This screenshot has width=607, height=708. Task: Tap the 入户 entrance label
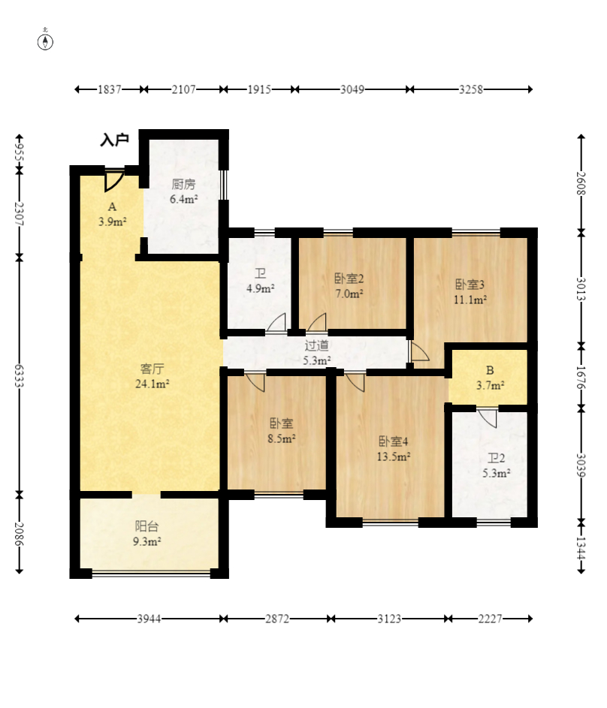pyautogui.click(x=115, y=140)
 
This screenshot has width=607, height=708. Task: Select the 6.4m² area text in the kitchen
pyautogui.click(x=184, y=199)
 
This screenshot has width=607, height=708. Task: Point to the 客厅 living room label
pyautogui.click(x=153, y=369)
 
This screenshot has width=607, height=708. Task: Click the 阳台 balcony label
pyautogui.click(x=146, y=526)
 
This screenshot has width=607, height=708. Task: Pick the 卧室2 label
pyautogui.click(x=349, y=279)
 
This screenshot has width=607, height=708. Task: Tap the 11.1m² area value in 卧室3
pyautogui.click(x=470, y=300)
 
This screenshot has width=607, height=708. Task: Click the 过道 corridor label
pyautogui.click(x=316, y=345)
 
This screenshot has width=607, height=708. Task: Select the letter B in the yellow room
pyautogui.click(x=490, y=371)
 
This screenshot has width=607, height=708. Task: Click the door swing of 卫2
pyautogui.click(x=488, y=418)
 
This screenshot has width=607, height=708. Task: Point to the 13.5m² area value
pyautogui.click(x=394, y=456)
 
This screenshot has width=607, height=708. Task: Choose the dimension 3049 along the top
pyautogui.click(x=352, y=89)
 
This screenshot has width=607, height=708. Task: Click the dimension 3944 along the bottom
pyautogui.click(x=149, y=619)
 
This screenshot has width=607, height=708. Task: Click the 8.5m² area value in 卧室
pyautogui.click(x=282, y=438)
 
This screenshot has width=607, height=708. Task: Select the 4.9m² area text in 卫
pyautogui.click(x=261, y=288)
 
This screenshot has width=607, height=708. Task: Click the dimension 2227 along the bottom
pyautogui.click(x=490, y=619)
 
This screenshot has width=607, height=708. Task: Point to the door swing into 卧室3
pyautogui.click(x=419, y=351)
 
